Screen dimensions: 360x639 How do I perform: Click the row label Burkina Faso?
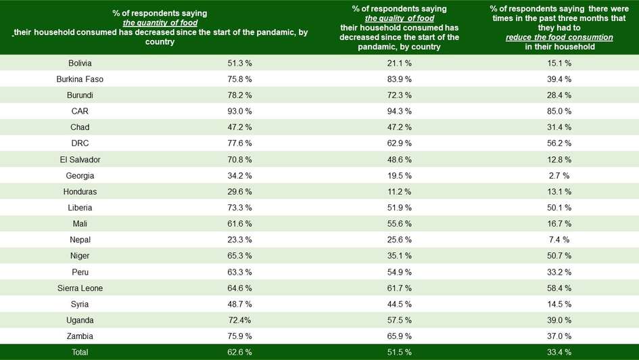click(80, 79)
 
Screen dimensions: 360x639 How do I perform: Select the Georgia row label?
click(80, 175)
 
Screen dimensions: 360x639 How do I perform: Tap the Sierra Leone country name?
click(80, 288)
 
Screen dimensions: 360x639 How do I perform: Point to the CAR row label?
click(80, 111)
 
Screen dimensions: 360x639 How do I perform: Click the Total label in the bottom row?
click(80, 353)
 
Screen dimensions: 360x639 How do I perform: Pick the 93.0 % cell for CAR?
click(239, 111)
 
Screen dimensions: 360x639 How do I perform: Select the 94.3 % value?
click(399, 111)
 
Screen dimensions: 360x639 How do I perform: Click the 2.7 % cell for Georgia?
click(559, 175)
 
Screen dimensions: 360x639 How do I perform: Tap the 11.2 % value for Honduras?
click(399, 192)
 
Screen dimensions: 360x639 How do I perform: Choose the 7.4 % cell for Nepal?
click(559, 240)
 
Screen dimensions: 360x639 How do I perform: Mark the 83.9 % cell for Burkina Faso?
click(399, 79)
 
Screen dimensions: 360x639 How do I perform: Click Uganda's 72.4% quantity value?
click(239, 320)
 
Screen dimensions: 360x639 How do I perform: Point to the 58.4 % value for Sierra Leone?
click(559, 288)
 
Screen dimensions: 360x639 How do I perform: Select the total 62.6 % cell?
click(239, 353)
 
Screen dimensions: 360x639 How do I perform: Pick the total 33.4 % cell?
click(559, 353)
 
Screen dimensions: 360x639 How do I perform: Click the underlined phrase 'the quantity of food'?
click(160, 23)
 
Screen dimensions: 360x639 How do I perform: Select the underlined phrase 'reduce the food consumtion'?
click(559, 38)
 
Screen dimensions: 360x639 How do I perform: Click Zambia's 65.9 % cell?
click(399, 336)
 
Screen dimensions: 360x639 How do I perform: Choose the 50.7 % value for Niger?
click(559, 256)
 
